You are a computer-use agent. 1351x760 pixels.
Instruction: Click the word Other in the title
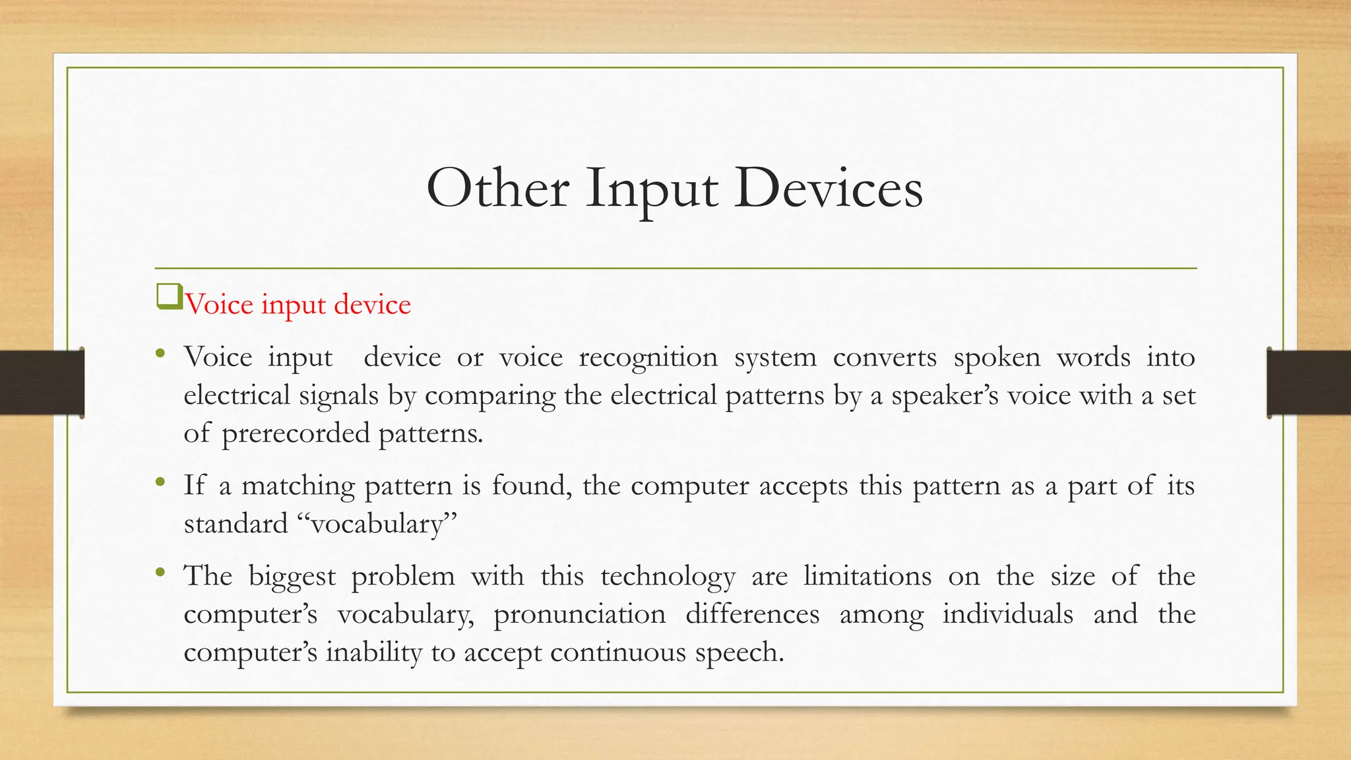pyautogui.click(x=497, y=189)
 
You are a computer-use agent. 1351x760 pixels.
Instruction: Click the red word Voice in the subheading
pyautogui.click(x=218, y=305)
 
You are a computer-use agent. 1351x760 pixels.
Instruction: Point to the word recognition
pyautogui.click(x=648, y=358)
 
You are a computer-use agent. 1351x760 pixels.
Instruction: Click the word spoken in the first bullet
pyautogui.click(x=997, y=358)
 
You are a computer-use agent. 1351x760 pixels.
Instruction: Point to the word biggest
pyautogui.click(x=292, y=577)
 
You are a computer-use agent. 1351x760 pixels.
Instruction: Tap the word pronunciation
pyautogui.click(x=579, y=615)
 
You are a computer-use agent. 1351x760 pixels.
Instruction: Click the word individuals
pyautogui.click(x=1007, y=615)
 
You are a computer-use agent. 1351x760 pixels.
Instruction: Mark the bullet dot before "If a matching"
pyautogui.click(x=160, y=482)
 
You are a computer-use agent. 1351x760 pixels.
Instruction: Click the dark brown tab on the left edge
pyautogui.click(x=42, y=383)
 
